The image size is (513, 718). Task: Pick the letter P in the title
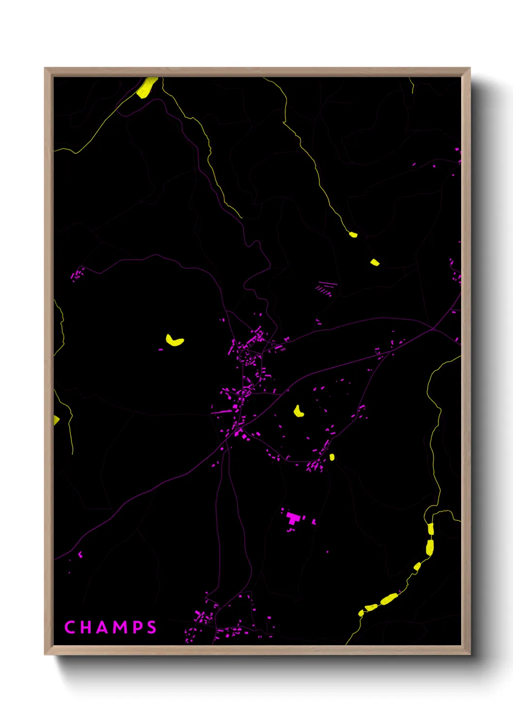[x=138, y=627]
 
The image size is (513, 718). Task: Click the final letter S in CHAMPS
[x=152, y=627]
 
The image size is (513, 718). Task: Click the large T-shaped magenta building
[x=293, y=518]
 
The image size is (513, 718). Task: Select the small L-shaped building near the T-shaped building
[x=314, y=522]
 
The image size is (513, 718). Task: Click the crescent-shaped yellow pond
[x=175, y=341]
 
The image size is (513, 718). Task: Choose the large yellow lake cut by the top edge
[x=146, y=88]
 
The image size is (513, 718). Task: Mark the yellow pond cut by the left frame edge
[x=56, y=420]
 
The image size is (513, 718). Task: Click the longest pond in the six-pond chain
[x=388, y=599]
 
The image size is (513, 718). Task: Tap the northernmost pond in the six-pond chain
[x=431, y=529]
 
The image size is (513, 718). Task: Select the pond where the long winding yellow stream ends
[x=353, y=235]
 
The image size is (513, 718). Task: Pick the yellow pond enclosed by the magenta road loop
[x=298, y=412]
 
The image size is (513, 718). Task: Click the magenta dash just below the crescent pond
[x=160, y=349]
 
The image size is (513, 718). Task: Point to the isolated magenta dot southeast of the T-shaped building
[x=327, y=552]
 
